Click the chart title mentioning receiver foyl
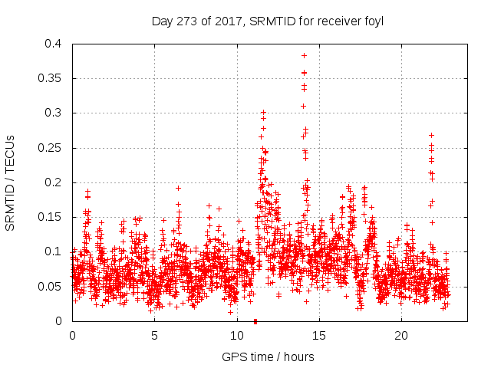[x=268, y=21]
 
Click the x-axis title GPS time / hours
[x=268, y=356]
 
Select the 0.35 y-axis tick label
[x=52, y=78]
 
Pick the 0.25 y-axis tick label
[x=52, y=148]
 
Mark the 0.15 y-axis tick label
[x=52, y=217]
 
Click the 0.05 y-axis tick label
[x=52, y=287]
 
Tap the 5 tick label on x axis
[x=154, y=336]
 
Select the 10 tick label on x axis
[x=237, y=336]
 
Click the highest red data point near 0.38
[x=305, y=56]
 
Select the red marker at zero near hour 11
[x=255, y=320]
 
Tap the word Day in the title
[x=163, y=21]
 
